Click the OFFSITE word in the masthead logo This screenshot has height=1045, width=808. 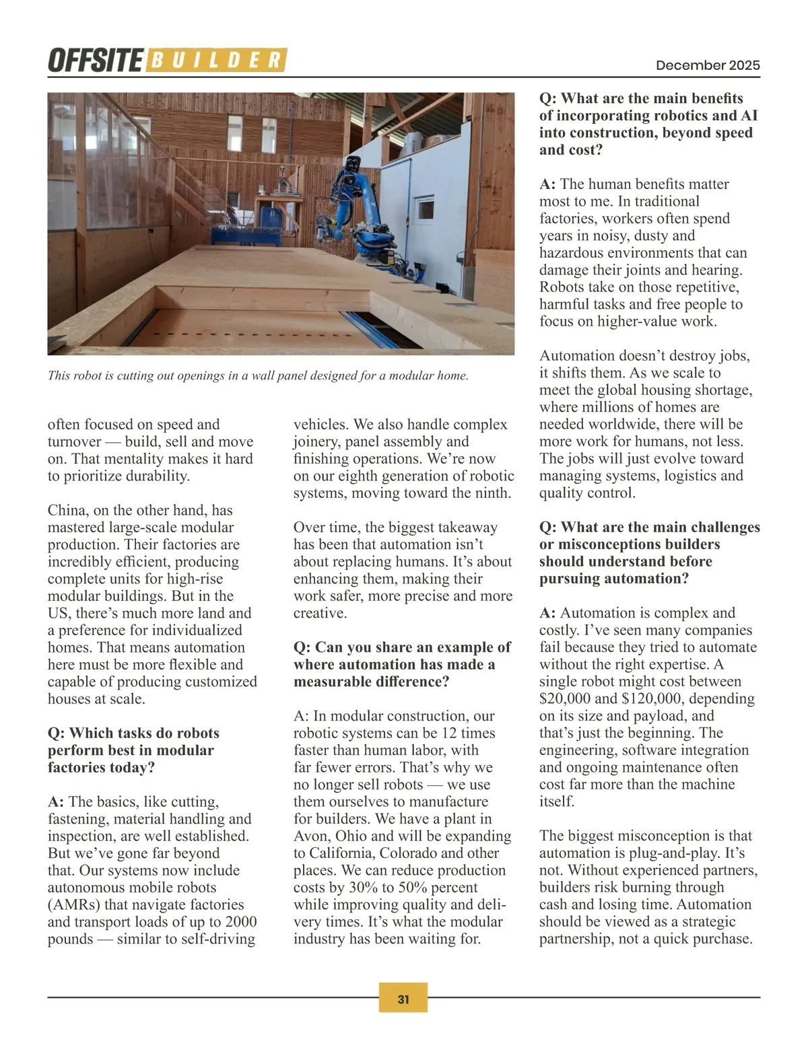95,61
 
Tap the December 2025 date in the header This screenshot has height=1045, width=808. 708,65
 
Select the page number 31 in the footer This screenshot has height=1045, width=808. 403,999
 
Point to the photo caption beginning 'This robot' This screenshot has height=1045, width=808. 258,375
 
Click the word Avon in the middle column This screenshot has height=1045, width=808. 310,836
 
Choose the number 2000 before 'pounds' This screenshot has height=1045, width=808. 240,922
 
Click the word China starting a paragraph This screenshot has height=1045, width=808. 67,510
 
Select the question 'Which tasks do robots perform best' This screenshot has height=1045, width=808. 133,750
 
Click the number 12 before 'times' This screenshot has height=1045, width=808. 449,733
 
